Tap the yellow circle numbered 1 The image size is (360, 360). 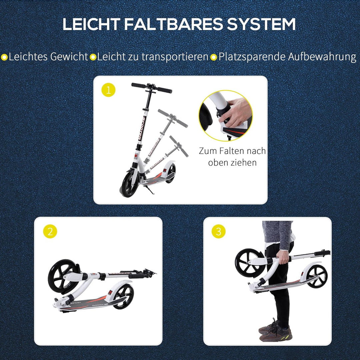point(108,90)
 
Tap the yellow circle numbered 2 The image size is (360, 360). point(50,231)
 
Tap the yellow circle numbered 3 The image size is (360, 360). point(218,231)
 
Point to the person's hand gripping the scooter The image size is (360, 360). point(283,257)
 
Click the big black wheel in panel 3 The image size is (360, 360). point(249,263)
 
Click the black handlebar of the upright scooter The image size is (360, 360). point(152,87)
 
